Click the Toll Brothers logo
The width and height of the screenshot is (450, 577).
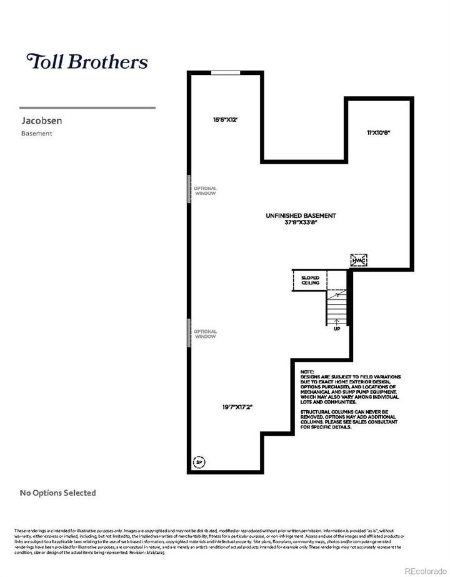87,61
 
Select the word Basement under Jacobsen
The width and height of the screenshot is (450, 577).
36,134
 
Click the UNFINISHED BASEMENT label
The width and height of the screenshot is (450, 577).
301,215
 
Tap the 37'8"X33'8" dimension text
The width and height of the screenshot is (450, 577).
301,223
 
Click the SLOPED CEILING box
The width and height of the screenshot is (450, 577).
311,280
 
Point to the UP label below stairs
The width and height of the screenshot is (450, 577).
337,329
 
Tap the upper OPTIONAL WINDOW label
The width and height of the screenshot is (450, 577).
205,190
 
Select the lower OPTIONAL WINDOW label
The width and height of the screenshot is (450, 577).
205,334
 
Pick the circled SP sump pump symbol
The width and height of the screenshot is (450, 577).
200,463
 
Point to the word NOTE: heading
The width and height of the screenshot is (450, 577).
307,371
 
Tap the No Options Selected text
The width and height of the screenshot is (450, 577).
57,493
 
